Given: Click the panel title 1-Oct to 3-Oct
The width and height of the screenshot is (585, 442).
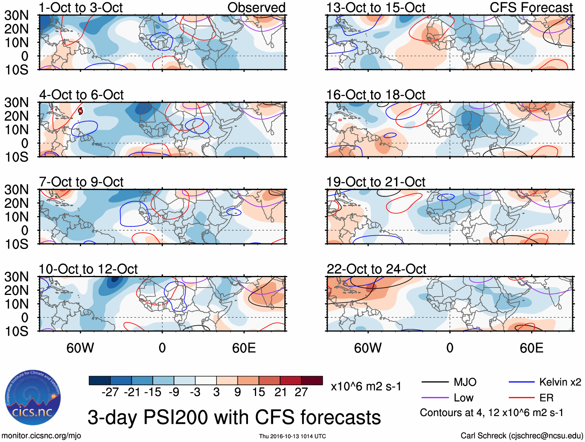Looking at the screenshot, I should tap(81, 8).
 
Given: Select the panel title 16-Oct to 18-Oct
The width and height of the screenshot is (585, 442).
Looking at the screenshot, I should tap(375, 95).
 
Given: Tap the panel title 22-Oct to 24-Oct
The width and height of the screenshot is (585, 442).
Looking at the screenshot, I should tap(376, 269).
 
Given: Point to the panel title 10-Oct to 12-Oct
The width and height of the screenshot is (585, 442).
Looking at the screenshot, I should tap(88, 269).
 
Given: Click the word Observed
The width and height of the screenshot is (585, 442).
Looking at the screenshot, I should tap(256, 8).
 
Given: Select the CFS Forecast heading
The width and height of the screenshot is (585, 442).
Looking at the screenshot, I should tap(531, 8).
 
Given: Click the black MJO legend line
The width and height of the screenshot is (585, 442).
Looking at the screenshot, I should tap(435, 382).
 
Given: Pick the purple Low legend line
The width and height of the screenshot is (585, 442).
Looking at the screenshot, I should tap(435, 397).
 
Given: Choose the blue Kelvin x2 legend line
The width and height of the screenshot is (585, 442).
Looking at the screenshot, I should tap(521, 382).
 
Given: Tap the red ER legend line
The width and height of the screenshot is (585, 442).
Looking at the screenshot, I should tap(521, 397).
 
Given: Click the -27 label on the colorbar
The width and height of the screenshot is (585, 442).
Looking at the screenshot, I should tap(110, 392).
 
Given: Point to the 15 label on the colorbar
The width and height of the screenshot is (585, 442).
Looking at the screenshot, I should tap(258, 392).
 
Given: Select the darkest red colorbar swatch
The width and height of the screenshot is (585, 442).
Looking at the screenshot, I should tap(312, 380).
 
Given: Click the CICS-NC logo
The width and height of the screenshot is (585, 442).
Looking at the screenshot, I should tap(33, 397).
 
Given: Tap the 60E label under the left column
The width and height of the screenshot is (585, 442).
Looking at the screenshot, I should tap(244, 348).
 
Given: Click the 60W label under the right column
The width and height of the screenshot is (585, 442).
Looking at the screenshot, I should tap(368, 348).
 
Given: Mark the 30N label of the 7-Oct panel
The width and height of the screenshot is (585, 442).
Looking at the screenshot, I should tap(16, 190).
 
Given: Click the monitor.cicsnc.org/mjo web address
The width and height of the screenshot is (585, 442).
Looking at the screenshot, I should tap(41, 436).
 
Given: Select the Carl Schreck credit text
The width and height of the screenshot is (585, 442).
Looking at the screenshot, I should tap(521, 436).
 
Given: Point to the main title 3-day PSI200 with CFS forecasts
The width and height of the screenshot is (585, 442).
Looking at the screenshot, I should tap(234, 418).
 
